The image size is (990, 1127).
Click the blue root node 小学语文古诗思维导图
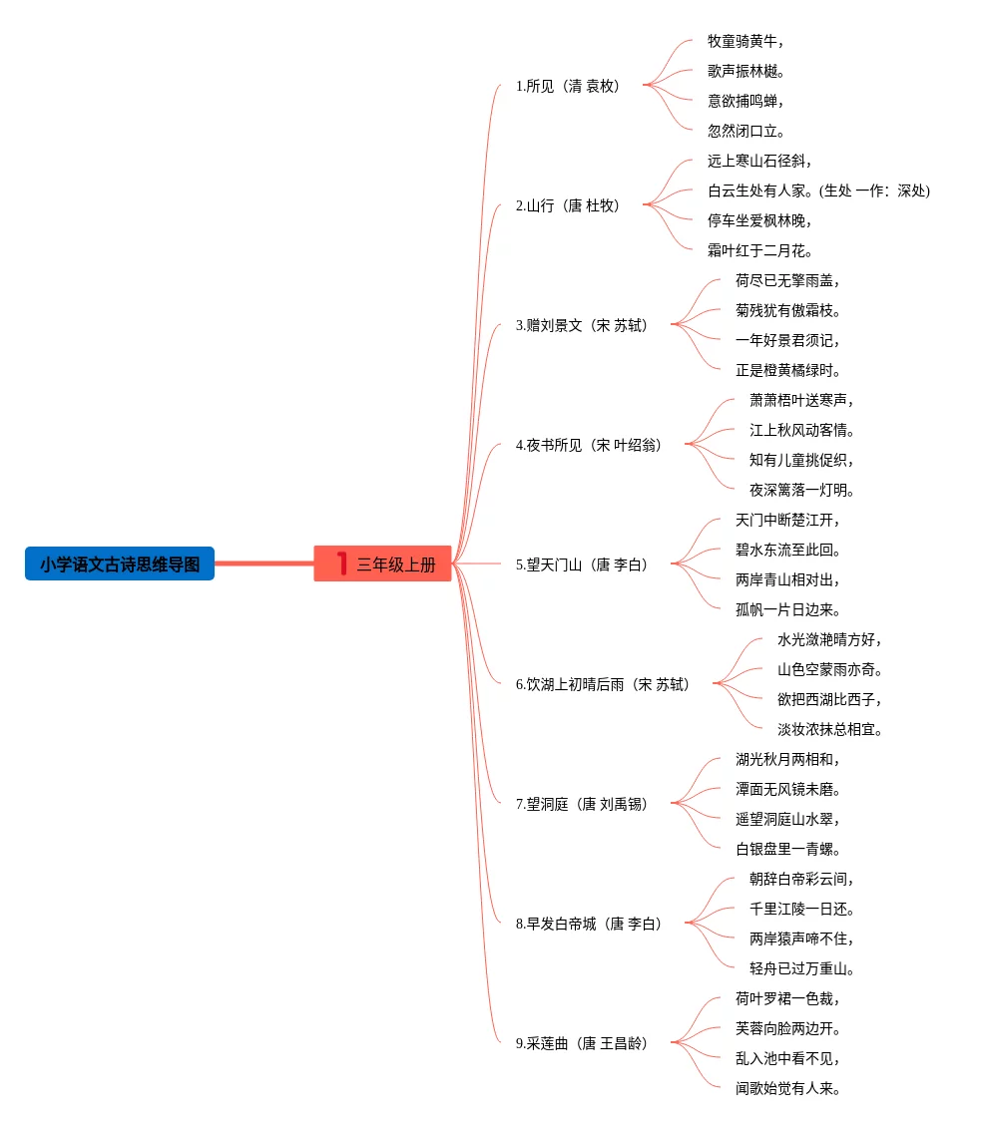click(120, 564)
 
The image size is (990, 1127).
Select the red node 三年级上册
click(395, 564)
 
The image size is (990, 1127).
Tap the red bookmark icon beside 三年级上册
click(342, 563)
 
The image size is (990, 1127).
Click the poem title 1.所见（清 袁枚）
click(568, 86)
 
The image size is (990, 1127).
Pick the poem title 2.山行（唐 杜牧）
click(568, 205)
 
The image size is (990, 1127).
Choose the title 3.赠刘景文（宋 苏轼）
click(582, 325)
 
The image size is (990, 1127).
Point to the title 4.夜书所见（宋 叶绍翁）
click(589, 445)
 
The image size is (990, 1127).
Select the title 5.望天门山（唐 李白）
click(582, 564)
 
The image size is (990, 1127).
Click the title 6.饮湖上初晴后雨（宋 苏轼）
click(603, 684)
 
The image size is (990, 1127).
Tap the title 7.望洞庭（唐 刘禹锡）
click(582, 804)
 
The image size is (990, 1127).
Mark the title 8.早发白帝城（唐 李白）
click(589, 924)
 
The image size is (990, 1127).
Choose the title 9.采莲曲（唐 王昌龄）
click(582, 1043)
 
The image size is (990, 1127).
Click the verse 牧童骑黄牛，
click(745, 41)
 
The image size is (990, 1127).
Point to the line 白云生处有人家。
click(759, 190)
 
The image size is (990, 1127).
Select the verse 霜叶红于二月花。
click(759, 250)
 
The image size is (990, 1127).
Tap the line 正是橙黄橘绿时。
click(787, 370)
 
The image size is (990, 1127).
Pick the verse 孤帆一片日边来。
click(787, 609)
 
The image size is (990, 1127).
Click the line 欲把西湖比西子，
click(829, 699)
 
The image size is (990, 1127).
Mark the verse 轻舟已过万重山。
click(801, 968)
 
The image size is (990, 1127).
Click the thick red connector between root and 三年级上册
click(264, 563)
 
